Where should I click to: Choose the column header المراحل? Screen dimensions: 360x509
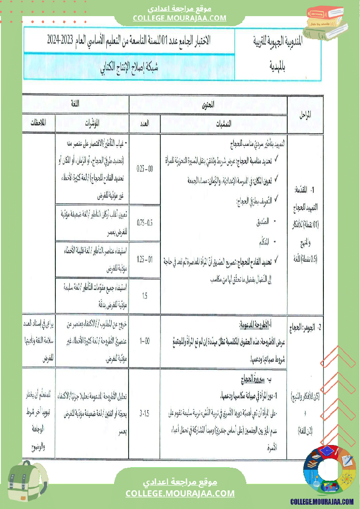(x=305, y=116)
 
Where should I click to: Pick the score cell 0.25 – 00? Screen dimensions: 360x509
(x=145, y=168)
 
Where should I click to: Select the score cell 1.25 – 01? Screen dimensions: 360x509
(x=145, y=259)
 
